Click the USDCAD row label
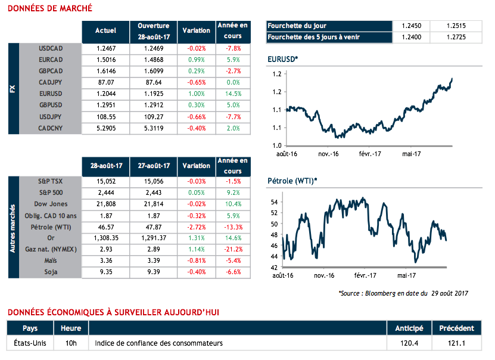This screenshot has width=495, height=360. click(x=51, y=48)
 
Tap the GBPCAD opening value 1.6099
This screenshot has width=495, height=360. click(x=153, y=71)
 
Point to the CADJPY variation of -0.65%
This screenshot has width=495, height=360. click(x=196, y=82)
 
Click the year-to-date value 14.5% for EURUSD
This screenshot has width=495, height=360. click(x=233, y=94)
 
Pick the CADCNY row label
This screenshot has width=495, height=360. click(x=51, y=128)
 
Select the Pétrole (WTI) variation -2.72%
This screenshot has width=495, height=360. click(x=196, y=227)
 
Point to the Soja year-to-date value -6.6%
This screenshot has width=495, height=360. click(x=233, y=272)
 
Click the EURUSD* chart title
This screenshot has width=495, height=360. click(x=284, y=59)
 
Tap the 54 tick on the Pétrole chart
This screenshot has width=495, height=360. click(x=275, y=203)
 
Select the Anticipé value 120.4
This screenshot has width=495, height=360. click(x=409, y=343)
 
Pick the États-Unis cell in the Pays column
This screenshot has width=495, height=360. click(x=29, y=343)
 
